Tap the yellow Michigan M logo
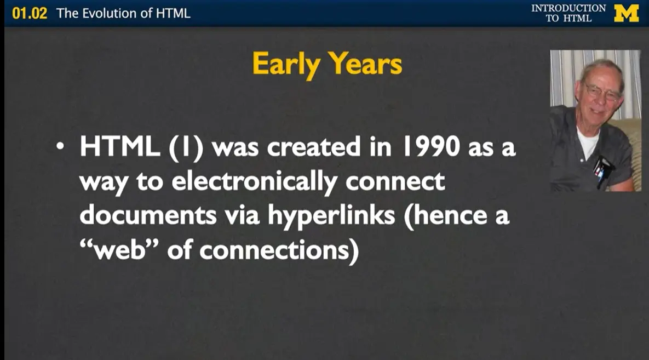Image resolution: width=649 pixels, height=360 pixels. (x=627, y=13)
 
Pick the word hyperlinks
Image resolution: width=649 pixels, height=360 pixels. (x=331, y=215)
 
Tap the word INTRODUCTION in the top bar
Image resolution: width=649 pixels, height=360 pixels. (x=568, y=8)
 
